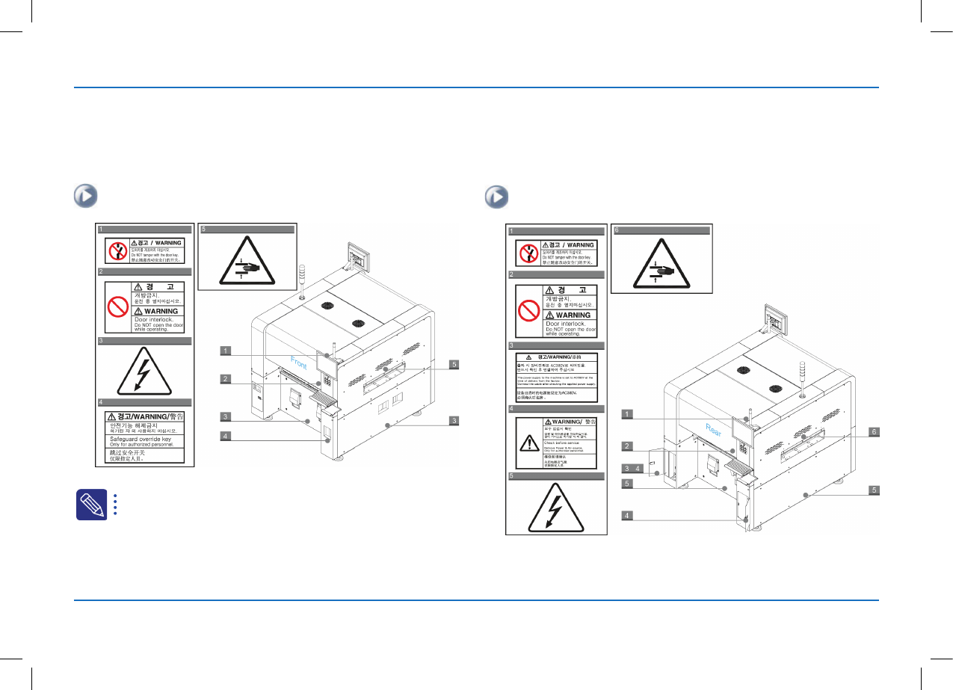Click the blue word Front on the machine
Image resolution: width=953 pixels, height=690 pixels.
click(299, 363)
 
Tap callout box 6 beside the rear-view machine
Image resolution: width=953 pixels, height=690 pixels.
click(872, 431)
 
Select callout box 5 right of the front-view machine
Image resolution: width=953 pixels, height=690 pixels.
click(454, 365)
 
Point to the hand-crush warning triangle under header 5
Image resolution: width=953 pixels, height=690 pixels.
click(246, 262)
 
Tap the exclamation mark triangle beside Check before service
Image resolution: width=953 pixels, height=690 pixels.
click(528, 443)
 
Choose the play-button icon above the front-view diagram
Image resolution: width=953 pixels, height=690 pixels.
click(85, 197)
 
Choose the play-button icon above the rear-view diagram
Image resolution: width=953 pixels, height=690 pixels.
click(496, 197)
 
